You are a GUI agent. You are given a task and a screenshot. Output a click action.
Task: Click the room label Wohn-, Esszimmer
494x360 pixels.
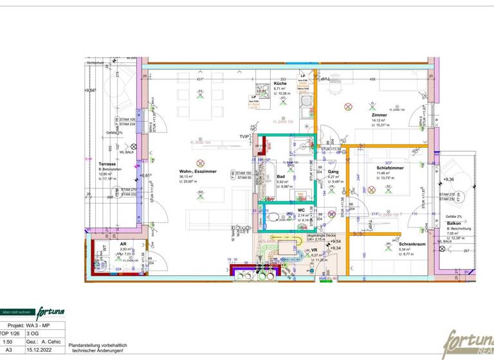pyautogui.click(x=198, y=172)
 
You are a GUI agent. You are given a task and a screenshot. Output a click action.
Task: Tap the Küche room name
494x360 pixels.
pyautogui.click(x=279, y=84)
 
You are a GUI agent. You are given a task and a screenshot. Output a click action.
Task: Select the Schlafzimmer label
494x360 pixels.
pyautogui.click(x=389, y=167)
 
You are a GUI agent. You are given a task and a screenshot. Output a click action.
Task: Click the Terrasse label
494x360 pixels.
pyautogui.click(x=107, y=164)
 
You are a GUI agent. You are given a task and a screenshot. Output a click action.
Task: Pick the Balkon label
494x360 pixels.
pyautogui.click(x=456, y=224)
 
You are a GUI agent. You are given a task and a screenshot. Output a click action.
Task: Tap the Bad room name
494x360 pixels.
pyautogui.click(x=280, y=176)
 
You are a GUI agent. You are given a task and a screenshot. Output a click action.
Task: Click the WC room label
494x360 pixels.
pyautogui.click(x=301, y=210)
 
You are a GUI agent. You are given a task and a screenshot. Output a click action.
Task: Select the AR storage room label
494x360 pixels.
pyautogui.click(x=123, y=244)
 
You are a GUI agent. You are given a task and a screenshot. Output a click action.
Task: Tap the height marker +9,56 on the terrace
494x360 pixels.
pyautogui.click(x=89, y=91)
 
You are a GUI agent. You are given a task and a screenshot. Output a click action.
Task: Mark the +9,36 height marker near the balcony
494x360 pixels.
pyautogui.click(x=448, y=179)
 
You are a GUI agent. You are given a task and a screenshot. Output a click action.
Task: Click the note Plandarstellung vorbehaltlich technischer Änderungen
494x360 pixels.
pyautogui.click(x=98, y=348)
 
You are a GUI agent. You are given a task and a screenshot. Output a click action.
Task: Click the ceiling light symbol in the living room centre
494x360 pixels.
pyautogui.click(x=200, y=162)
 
